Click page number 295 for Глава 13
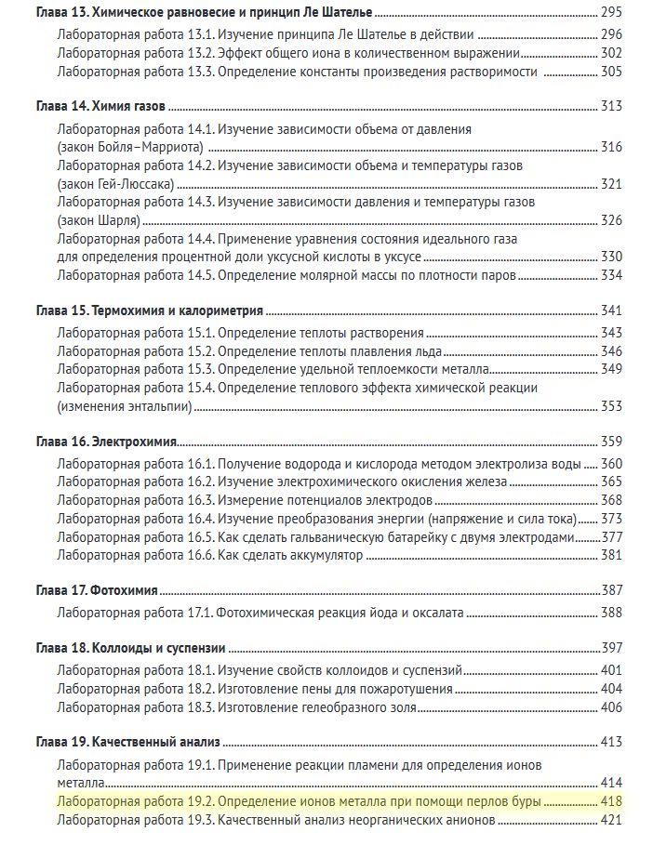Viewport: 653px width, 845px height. (x=611, y=15)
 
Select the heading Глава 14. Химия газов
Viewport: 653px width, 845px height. (x=101, y=106)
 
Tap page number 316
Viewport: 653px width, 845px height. (x=611, y=148)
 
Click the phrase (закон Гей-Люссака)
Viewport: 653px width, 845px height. (x=115, y=184)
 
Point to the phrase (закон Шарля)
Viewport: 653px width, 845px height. (x=99, y=220)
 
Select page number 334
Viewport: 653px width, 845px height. (x=611, y=275)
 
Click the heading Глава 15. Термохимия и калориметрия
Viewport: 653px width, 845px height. (x=149, y=310)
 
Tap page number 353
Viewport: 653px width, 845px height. (x=611, y=406)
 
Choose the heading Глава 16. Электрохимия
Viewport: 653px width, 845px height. (x=106, y=442)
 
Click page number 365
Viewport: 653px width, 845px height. (x=611, y=482)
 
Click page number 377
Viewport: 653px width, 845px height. (x=611, y=537)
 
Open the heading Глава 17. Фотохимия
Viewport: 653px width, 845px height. (x=96, y=590)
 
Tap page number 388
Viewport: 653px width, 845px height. (x=611, y=613)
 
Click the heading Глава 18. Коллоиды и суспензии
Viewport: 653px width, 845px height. (x=131, y=648)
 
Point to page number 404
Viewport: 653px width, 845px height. (x=611, y=689)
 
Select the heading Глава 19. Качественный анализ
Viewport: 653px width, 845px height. (x=127, y=742)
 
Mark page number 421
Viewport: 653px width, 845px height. (x=611, y=820)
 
